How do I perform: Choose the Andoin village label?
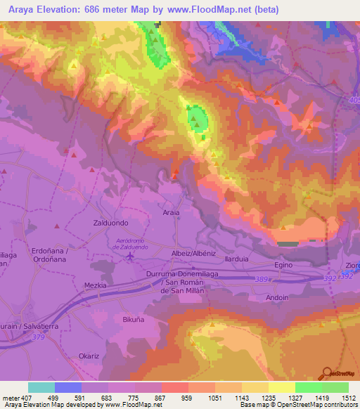(x=277, y=297)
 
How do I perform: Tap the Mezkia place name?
(x=95, y=285)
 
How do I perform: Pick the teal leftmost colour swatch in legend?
(x=41, y=387)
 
